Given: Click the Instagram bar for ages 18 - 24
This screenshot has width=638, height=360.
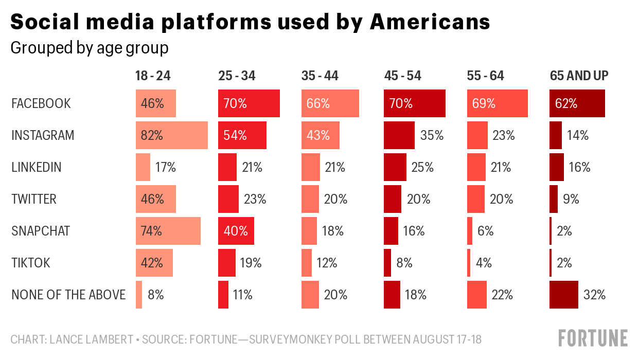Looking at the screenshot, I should point(171,135).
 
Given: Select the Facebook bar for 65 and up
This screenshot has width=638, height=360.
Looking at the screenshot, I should point(577,103).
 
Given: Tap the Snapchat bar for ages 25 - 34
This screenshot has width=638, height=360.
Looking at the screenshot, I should point(236,231).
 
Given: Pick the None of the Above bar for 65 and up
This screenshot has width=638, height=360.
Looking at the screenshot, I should point(563,295).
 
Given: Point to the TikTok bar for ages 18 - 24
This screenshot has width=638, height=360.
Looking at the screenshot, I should point(154,263).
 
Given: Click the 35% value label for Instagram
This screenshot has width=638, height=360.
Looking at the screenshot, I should point(432,135).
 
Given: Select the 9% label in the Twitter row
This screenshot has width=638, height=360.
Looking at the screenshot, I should point(571,199).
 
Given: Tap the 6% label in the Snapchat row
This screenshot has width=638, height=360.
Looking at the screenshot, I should point(485,231).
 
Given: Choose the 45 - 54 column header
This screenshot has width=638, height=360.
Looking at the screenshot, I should point(402,76).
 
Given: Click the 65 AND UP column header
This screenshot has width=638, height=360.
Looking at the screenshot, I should point(579,76).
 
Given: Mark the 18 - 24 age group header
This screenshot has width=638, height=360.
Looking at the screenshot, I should point(153,76).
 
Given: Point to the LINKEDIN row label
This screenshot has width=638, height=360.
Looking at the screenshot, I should point(37,167).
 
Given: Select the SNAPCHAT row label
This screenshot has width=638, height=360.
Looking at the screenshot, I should point(40,231).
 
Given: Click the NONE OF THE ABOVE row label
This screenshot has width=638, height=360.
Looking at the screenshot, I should point(68,295).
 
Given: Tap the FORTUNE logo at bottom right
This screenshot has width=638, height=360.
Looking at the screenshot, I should point(593,338).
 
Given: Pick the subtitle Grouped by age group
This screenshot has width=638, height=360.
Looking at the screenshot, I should point(90,48).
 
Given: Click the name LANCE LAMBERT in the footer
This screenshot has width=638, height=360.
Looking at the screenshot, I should point(92,339).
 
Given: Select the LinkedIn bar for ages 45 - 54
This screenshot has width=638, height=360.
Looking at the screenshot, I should point(395,167).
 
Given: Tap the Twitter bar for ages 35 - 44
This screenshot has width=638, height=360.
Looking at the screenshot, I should point(310,199).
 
